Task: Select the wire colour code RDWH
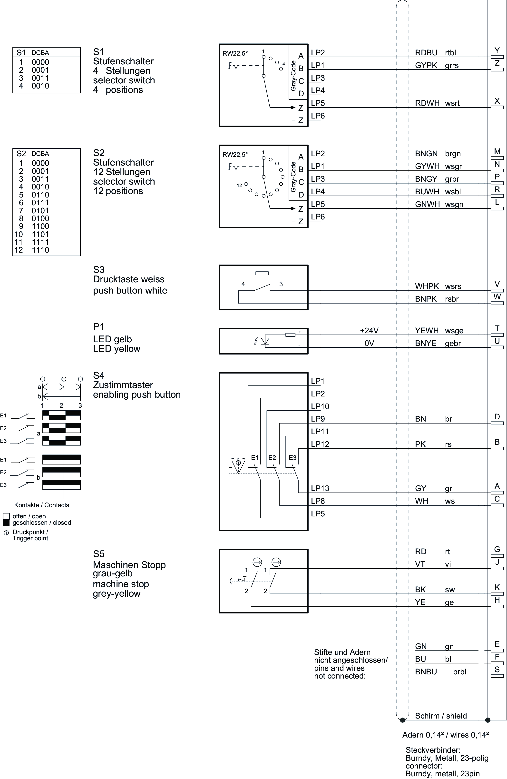(x=427, y=103)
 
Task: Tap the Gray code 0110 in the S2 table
(x=40, y=195)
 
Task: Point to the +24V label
(x=369, y=331)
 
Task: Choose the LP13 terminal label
(x=320, y=488)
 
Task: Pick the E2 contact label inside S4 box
(x=272, y=458)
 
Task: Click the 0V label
(x=369, y=343)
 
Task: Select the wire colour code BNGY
(x=426, y=179)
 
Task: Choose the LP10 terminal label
(x=320, y=406)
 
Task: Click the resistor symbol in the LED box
(x=290, y=335)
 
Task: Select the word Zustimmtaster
(x=123, y=385)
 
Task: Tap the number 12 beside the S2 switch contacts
(x=239, y=185)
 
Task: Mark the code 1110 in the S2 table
(x=40, y=250)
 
